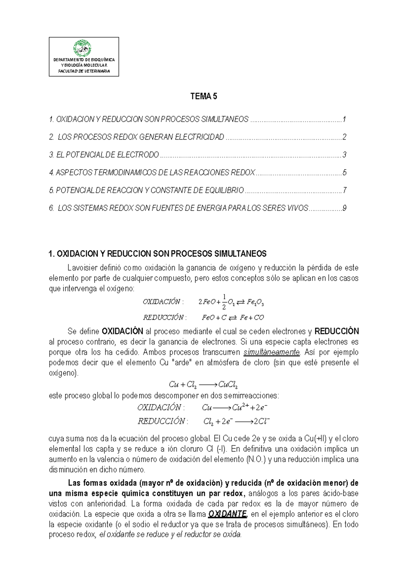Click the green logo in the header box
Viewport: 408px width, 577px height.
(x=83, y=49)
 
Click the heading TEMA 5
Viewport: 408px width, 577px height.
(x=203, y=97)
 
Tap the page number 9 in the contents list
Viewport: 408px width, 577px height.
(x=344, y=208)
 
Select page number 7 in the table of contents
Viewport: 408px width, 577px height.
(x=344, y=190)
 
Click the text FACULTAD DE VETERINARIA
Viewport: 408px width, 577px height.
(x=84, y=71)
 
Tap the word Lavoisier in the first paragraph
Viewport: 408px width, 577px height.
(x=82, y=268)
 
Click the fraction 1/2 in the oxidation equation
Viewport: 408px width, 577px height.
(x=224, y=302)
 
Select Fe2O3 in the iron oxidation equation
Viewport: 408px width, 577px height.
(x=255, y=302)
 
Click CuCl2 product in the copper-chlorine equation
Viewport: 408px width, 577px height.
(x=228, y=385)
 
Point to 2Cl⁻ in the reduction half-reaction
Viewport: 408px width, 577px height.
(x=262, y=421)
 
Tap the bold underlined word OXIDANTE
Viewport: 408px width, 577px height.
(x=227, y=514)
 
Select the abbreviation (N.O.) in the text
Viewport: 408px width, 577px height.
(x=255, y=459)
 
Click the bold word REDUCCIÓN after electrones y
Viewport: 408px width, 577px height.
(x=337, y=331)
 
